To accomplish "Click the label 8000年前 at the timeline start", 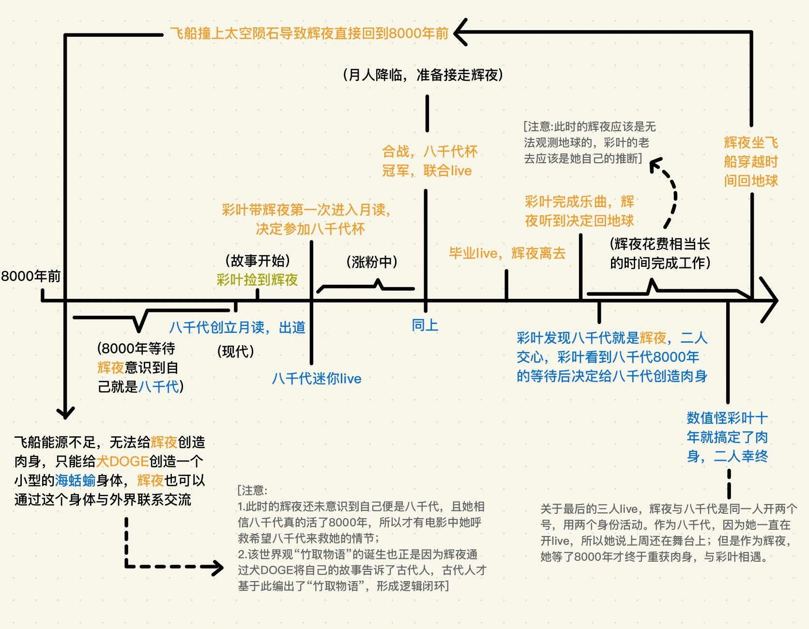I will point(31,276).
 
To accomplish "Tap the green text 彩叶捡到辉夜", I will point(257,280).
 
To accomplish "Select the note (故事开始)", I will point(257,261).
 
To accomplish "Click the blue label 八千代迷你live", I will point(316,378).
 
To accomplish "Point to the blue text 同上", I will point(425,325).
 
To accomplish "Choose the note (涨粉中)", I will point(372,262).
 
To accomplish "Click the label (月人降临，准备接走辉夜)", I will point(423,75).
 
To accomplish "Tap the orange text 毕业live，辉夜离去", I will point(507,253).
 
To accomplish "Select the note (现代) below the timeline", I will point(235,351).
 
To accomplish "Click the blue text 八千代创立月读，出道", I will point(237,327).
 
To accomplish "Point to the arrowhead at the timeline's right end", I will point(770,300).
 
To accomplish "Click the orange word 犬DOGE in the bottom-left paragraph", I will point(122,461).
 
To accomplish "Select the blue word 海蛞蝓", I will point(75,480).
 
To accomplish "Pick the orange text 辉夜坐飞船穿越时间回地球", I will point(750,161).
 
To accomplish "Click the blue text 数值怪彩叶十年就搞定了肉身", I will point(727,437).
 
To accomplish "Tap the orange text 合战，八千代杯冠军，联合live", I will point(429,161).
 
